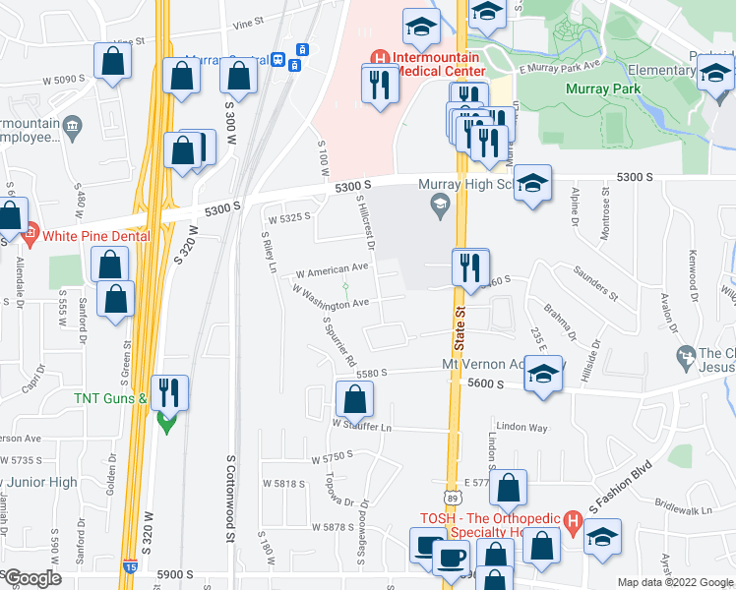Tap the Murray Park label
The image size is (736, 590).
click(x=604, y=88)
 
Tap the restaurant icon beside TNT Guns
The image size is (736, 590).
click(x=169, y=393)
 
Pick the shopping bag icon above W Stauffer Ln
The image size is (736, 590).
click(x=354, y=399)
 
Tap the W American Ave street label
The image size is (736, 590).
click(x=332, y=267)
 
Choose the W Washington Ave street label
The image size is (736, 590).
click(x=330, y=295)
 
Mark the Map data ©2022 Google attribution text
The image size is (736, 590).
click(x=674, y=582)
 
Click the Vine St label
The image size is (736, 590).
click(x=246, y=21)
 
